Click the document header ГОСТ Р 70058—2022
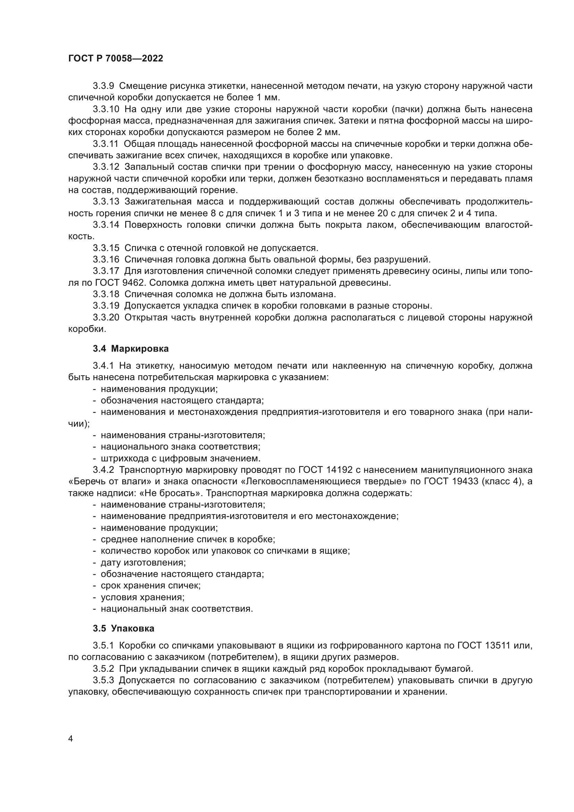[116, 59]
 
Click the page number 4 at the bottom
[71, 739]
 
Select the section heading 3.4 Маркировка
[131, 349]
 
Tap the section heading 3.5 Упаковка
[124, 628]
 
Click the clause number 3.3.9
[103, 86]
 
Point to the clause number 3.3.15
[106, 248]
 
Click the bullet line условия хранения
[142, 597]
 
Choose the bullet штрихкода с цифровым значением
[180, 459]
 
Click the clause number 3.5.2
[103, 669]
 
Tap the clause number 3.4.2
[103, 470]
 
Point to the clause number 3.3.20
[106, 318]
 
